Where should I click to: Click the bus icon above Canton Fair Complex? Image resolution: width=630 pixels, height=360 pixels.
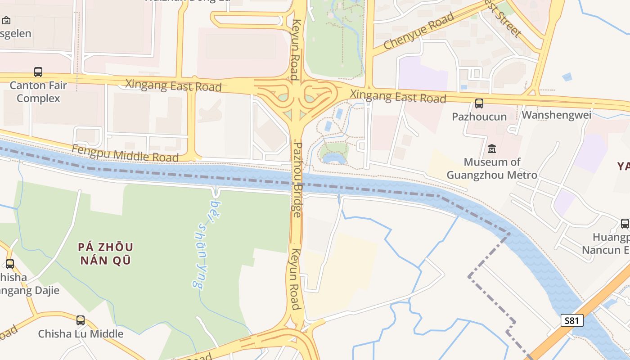tap(38, 72)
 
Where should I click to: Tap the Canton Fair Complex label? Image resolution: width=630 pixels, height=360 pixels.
tap(38, 92)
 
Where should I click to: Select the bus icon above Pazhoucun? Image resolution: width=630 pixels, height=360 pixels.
tap(479, 103)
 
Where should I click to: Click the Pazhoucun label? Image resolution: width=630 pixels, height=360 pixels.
tap(479, 117)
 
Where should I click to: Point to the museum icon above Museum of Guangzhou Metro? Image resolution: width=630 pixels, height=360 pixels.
tap(492, 148)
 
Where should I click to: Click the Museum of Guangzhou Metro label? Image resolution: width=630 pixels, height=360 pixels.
tap(492, 168)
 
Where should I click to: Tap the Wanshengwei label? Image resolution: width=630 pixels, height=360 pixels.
tap(556, 115)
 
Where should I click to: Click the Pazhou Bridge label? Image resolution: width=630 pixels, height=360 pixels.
tap(297, 180)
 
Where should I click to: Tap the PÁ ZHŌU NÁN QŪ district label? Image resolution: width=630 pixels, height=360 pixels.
tap(106, 253)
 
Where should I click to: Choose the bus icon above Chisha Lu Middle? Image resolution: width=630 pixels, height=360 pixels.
tap(81, 320)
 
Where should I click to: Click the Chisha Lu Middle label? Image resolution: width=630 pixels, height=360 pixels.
tap(81, 333)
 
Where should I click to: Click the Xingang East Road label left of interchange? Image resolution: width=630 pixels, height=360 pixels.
tap(173, 85)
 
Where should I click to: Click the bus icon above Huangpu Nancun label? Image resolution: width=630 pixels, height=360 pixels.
tap(625, 224)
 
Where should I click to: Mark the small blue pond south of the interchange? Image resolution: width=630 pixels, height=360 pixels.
tap(334, 158)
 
